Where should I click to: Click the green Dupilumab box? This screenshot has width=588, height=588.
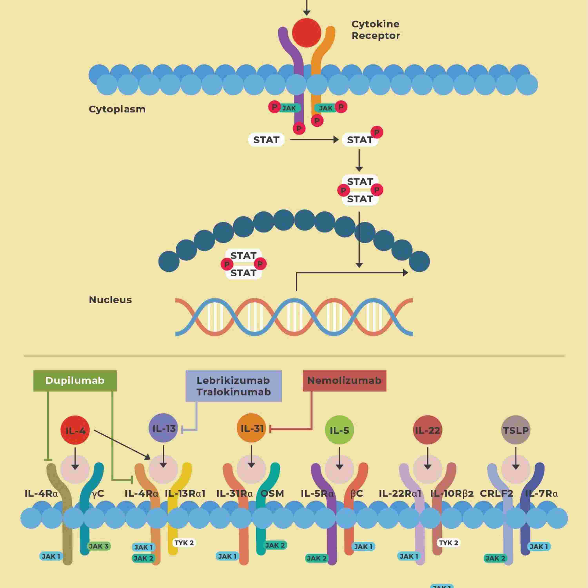pyautogui.click(x=75, y=380)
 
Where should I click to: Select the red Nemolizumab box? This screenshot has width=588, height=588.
pyautogui.click(x=344, y=380)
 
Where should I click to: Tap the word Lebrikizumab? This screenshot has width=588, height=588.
pyautogui.click(x=233, y=380)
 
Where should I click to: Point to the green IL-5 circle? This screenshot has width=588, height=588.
pyautogui.click(x=339, y=430)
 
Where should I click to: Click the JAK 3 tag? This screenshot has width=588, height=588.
pyautogui.click(x=99, y=546)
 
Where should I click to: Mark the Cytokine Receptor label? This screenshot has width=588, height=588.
pyautogui.click(x=376, y=30)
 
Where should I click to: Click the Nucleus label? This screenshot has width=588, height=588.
pyautogui.click(x=110, y=300)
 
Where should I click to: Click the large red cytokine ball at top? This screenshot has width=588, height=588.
pyautogui.click(x=307, y=33)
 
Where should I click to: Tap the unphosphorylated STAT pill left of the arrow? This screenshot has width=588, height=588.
pyautogui.click(x=266, y=140)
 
